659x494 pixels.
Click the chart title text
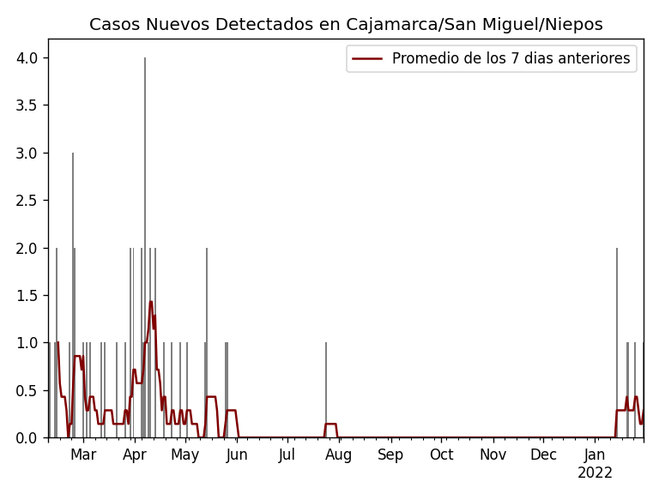click(x=346, y=25)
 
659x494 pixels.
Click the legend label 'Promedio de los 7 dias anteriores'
click(x=511, y=58)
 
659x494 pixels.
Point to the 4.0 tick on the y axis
click(x=28, y=58)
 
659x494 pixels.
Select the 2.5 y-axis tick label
click(x=28, y=201)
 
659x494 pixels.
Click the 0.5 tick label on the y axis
click(x=28, y=390)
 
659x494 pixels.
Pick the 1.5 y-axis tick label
click(x=28, y=296)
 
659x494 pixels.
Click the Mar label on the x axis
click(x=83, y=455)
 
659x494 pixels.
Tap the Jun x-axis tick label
click(x=237, y=455)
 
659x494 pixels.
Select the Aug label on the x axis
click(x=338, y=455)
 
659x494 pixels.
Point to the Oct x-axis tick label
click(x=441, y=455)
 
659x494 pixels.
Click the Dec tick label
click(x=543, y=455)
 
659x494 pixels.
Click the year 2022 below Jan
click(x=595, y=473)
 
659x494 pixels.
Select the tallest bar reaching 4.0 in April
click(x=145, y=249)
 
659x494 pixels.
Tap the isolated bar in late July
click(x=326, y=390)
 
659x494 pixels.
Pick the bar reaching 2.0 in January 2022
click(x=616, y=343)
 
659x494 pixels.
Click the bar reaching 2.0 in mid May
click(x=207, y=343)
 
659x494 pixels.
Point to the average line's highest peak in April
click(x=151, y=302)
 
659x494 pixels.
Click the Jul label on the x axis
click(x=287, y=455)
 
